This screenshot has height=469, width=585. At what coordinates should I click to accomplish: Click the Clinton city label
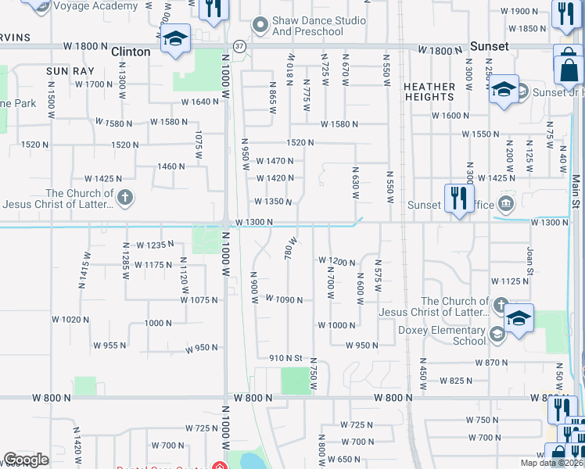131,51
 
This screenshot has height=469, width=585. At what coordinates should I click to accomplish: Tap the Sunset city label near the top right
489,46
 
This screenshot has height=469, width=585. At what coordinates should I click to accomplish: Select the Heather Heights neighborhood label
429,91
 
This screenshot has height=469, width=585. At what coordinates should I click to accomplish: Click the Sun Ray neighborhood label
70,71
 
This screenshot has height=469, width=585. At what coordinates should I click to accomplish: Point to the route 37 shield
239,46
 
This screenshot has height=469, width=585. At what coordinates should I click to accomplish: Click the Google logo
26,460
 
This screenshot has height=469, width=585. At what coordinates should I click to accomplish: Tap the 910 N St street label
285,358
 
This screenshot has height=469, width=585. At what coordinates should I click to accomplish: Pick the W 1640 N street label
200,102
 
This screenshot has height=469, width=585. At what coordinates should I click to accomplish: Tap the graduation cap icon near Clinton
175,39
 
